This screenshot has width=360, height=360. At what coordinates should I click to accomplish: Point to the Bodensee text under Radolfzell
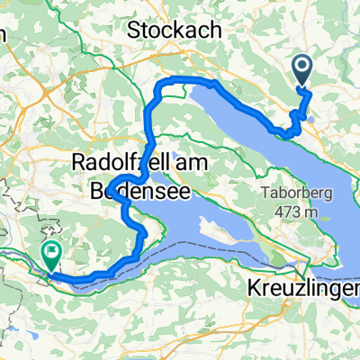tap(137, 190)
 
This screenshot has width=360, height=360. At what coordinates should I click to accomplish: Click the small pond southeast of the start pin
tap(310, 115)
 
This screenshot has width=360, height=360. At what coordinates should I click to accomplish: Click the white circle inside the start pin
tap(301, 64)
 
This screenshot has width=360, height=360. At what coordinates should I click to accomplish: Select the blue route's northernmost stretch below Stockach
tap(189, 82)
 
